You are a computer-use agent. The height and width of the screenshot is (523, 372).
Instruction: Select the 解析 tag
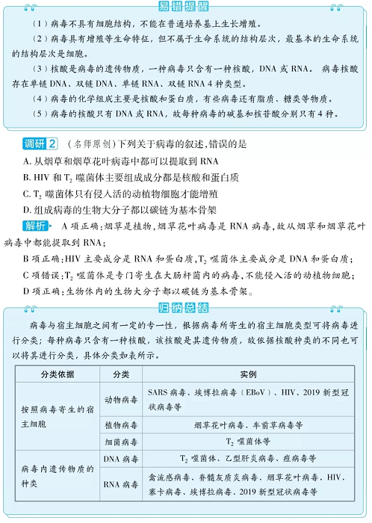pyautogui.click(x=37, y=225)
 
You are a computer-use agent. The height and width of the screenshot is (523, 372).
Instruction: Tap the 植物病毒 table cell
pyautogui.click(x=121, y=424)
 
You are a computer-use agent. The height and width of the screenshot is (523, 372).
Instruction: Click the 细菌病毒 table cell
pyautogui.click(x=121, y=442)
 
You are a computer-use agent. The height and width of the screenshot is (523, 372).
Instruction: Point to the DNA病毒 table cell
pyautogui.click(x=121, y=458)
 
